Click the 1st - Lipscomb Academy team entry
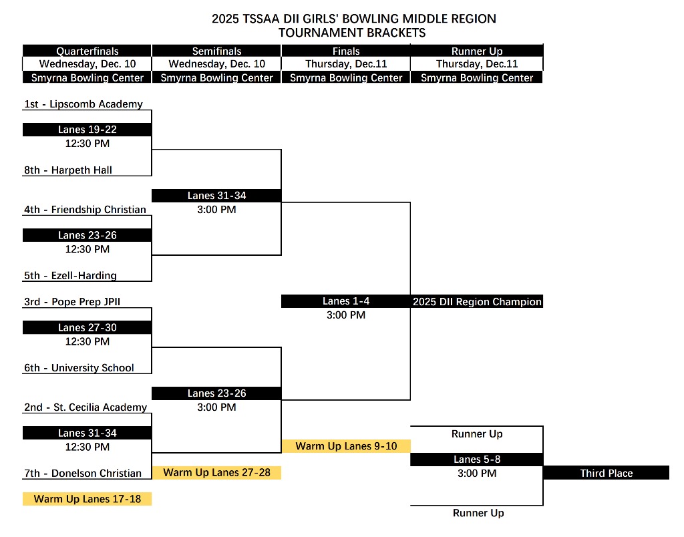(x=83, y=104)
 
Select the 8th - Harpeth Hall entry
(x=68, y=170)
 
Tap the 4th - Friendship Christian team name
(x=85, y=210)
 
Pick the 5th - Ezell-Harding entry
(x=70, y=276)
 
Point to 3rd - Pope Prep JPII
(x=72, y=302)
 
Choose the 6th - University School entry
(x=79, y=368)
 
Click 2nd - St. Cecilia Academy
(x=85, y=407)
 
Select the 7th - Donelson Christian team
(x=83, y=474)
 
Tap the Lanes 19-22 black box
(x=87, y=130)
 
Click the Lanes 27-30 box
(x=87, y=327)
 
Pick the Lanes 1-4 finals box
(x=345, y=301)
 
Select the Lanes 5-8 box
(x=476, y=460)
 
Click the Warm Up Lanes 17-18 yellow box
(x=87, y=499)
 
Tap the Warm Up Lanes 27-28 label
(x=216, y=473)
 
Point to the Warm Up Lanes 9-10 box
(x=345, y=446)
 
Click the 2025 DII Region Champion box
(x=477, y=302)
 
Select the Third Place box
(x=606, y=473)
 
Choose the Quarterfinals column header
(x=87, y=51)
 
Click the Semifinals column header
(x=216, y=51)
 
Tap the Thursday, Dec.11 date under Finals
(x=345, y=64)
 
